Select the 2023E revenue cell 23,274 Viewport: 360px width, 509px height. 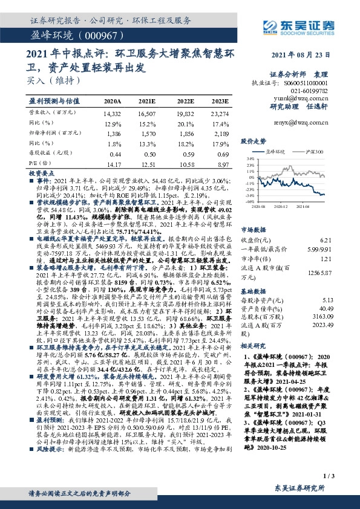pos(220,112)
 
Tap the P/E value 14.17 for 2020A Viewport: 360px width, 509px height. pos(113,163)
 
